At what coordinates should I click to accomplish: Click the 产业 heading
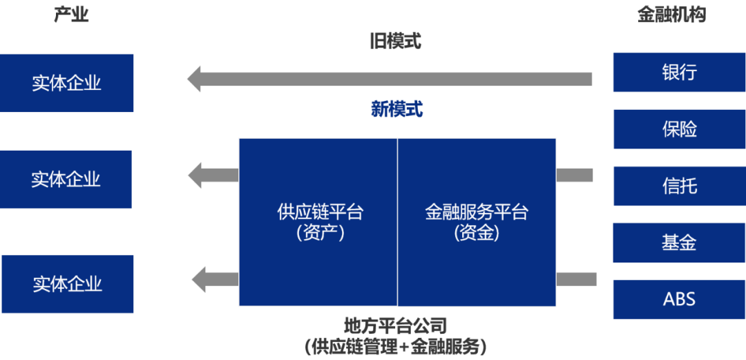click(x=72, y=15)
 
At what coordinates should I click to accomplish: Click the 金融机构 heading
click(x=671, y=15)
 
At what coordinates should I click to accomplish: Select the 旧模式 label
click(x=396, y=42)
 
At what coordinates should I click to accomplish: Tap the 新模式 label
click(x=397, y=108)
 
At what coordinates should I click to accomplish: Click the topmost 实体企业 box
click(x=66, y=83)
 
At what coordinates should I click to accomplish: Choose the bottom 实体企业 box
click(x=67, y=284)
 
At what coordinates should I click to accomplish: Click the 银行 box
click(x=679, y=72)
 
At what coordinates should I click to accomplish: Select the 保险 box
click(x=679, y=129)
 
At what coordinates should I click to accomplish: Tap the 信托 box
click(x=679, y=186)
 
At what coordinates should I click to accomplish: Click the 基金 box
click(x=679, y=243)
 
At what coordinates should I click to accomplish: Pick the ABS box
click(x=679, y=299)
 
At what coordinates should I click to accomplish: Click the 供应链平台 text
click(x=320, y=212)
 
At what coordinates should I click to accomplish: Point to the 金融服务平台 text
click(x=476, y=212)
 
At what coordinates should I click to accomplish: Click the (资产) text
click(x=320, y=234)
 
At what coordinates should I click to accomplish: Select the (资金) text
click(x=476, y=234)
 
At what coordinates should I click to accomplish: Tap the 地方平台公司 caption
click(x=396, y=325)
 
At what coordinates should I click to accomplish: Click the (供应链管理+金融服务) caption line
click(x=396, y=346)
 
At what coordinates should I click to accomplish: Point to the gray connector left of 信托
click(x=575, y=176)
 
